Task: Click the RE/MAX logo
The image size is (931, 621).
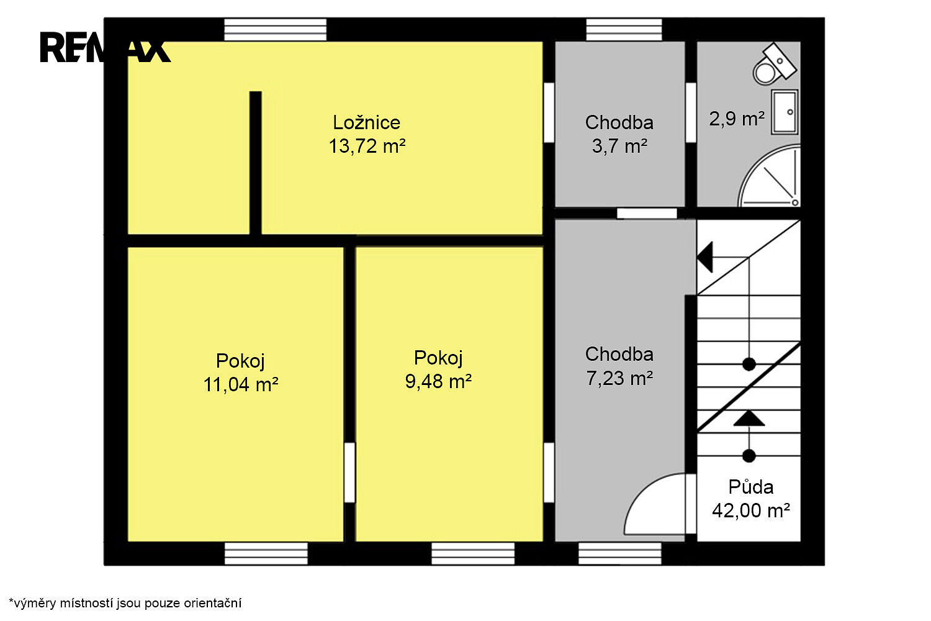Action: [105, 47]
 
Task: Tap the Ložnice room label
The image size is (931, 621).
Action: [367, 122]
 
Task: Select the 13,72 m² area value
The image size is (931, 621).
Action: [367, 146]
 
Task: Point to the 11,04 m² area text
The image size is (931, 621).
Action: [241, 384]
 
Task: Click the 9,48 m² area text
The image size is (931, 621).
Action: [438, 381]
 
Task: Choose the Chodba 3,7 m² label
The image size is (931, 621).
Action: [619, 134]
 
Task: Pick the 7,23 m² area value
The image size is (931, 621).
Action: [619, 378]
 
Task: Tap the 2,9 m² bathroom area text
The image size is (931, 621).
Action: [737, 119]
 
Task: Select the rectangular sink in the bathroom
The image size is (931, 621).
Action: [785, 112]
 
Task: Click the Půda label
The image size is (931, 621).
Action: [750, 487]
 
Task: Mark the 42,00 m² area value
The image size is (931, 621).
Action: [750, 510]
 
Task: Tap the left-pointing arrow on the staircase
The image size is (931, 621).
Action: [722, 257]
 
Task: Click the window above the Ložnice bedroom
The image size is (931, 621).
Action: [275, 30]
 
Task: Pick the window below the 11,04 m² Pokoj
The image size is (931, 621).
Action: [266, 553]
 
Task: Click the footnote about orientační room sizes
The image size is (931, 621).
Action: [125, 603]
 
